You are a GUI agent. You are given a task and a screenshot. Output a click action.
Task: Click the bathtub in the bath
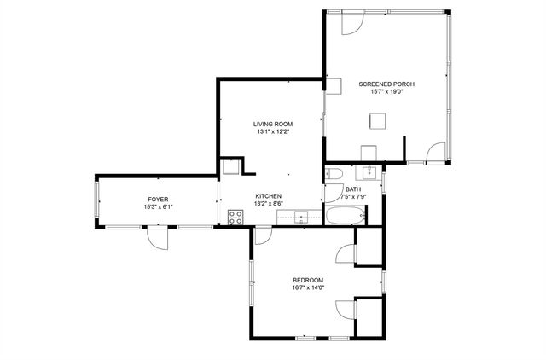click(345, 217)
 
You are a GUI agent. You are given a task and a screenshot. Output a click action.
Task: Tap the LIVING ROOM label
click(272, 124)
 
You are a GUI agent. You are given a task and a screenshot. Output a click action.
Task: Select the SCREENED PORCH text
click(386, 84)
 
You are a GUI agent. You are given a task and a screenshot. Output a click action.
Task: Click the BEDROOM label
click(308, 280)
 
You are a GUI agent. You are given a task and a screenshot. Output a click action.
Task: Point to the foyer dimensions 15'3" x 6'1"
click(158, 207)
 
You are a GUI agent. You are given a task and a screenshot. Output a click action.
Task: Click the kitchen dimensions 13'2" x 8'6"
click(269, 204)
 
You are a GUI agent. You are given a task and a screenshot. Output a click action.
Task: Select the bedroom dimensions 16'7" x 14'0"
click(308, 288)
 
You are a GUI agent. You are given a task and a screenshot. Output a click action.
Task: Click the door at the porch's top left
click(350, 23)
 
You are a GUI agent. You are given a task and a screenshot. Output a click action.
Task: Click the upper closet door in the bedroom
click(346, 254)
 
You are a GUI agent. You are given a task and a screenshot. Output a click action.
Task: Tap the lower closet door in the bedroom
click(346, 310)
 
